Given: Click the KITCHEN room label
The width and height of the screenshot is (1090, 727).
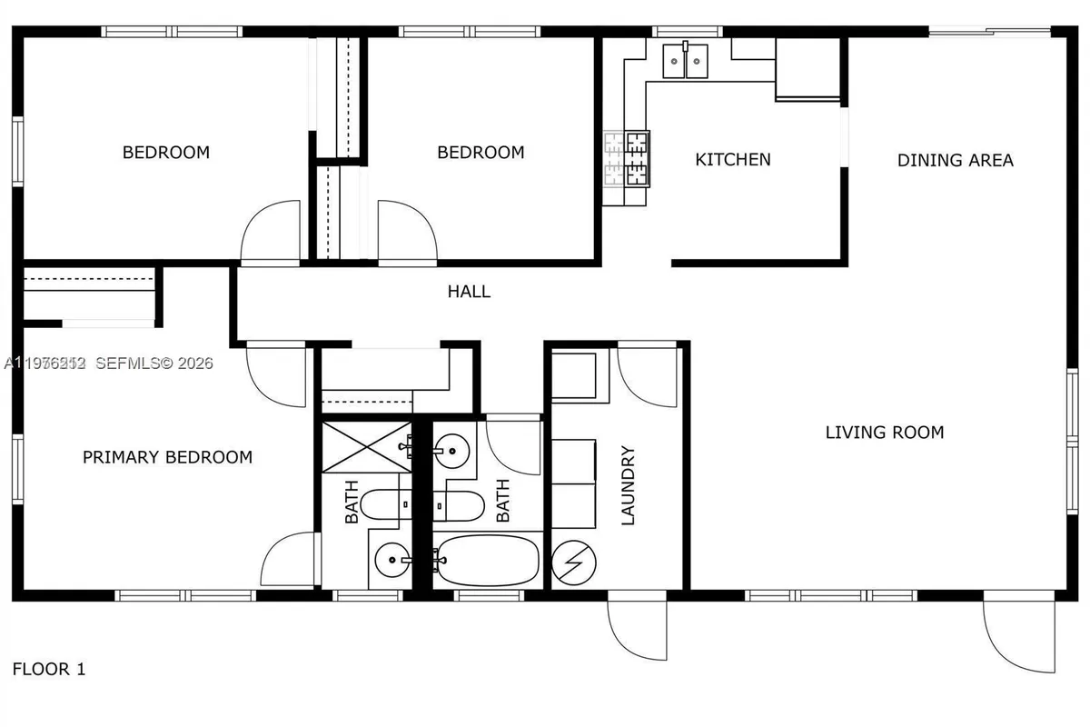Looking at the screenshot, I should click(732, 160).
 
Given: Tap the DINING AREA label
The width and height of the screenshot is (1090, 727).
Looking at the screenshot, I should click(955, 161).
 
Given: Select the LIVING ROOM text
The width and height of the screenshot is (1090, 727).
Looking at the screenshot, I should click(884, 433).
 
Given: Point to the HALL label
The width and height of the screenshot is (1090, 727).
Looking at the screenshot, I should click(469, 292).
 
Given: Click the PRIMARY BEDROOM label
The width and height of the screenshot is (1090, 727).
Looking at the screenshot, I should click(167, 457).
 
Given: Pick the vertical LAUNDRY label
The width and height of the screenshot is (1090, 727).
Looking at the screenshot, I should click(628, 486).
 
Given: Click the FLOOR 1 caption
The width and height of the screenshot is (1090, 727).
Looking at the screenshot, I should click(49, 670).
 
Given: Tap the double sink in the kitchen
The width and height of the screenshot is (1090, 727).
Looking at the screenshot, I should click(684, 61).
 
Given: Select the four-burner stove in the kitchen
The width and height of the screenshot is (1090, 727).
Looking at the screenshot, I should click(628, 158).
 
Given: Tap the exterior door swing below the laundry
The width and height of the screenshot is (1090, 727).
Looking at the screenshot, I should click(634, 629).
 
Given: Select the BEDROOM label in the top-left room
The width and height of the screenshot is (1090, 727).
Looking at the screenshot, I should click(165, 153).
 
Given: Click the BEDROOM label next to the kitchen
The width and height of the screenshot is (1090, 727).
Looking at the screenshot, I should click(481, 153).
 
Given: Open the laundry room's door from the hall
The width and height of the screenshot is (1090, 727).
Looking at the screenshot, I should click(648, 374).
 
